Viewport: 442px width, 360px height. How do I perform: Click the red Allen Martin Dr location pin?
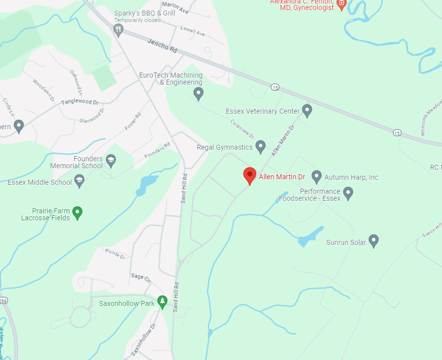[x=250, y=175]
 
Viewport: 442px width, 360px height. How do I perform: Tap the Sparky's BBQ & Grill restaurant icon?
[x=118, y=30]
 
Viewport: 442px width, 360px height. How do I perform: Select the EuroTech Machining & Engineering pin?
[x=198, y=93]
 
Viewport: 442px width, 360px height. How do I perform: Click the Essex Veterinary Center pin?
[x=307, y=111]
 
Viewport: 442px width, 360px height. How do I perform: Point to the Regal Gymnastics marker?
[x=260, y=147]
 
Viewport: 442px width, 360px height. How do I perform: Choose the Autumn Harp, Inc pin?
[x=316, y=176]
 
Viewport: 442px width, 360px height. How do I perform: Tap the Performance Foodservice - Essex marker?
[x=348, y=193]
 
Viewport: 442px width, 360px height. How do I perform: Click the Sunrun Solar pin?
[x=373, y=241]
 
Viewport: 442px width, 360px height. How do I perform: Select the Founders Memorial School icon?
[x=111, y=160]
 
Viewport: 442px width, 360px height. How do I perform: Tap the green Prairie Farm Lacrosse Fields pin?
[x=77, y=212]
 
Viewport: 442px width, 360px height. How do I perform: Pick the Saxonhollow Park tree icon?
[x=162, y=301]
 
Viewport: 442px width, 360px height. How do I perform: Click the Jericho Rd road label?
[x=163, y=47]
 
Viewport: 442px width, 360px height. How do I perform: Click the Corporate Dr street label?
[x=243, y=129]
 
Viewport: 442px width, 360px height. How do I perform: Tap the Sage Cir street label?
[x=141, y=278]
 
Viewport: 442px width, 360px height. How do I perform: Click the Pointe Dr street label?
[x=115, y=253]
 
